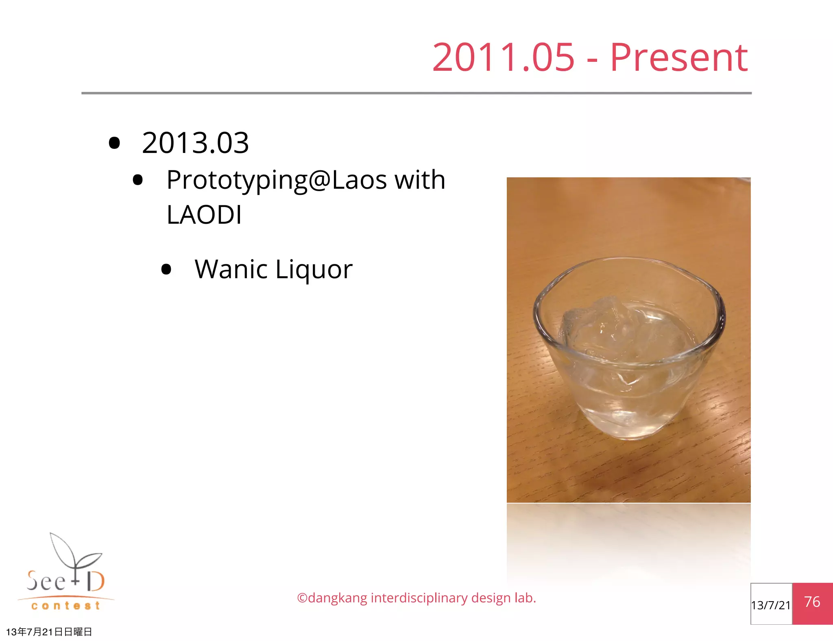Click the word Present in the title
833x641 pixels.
(678, 58)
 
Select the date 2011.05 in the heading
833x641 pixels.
(503, 58)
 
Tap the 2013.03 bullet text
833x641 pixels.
(195, 143)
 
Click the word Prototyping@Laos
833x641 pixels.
(277, 180)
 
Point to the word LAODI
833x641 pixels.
(204, 215)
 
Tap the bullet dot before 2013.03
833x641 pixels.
(115, 143)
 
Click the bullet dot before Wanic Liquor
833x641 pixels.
(166, 269)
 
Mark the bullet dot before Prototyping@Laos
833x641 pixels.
(138, 180)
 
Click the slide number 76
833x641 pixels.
(812, 602)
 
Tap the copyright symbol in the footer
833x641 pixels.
(302, 598)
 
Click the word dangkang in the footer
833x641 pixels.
(338, 598)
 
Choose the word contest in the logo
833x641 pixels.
(65, 606)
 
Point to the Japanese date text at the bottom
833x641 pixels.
(49, 632)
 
